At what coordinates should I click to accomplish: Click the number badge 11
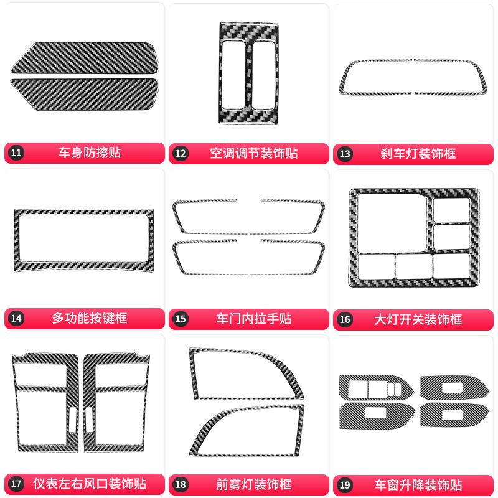click(x=16, y=153)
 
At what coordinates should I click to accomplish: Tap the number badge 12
click(x=181, y=154)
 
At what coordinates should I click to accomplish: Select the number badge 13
click(x=345, y=154)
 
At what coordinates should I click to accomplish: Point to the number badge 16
click(x=345, y=319)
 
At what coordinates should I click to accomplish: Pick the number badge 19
click(x=345, y=485)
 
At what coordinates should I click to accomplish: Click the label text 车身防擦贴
click(x=90, y=153)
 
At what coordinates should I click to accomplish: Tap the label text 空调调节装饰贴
click(x=254, y=153)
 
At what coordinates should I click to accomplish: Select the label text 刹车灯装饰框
click(x=418, y=154)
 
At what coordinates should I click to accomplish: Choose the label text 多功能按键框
click(x=90, y=318)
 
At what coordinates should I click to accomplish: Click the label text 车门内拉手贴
click(x=254, y=319)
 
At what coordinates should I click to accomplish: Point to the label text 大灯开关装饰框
click(x=418, y=319)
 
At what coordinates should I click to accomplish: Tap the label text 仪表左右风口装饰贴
click(x=90, y=484)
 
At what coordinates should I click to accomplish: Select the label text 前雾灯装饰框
click(x=254, y=484)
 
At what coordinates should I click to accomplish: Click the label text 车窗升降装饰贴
click(x=418, y=485)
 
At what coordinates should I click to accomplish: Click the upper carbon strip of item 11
click(x=85, y=58)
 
